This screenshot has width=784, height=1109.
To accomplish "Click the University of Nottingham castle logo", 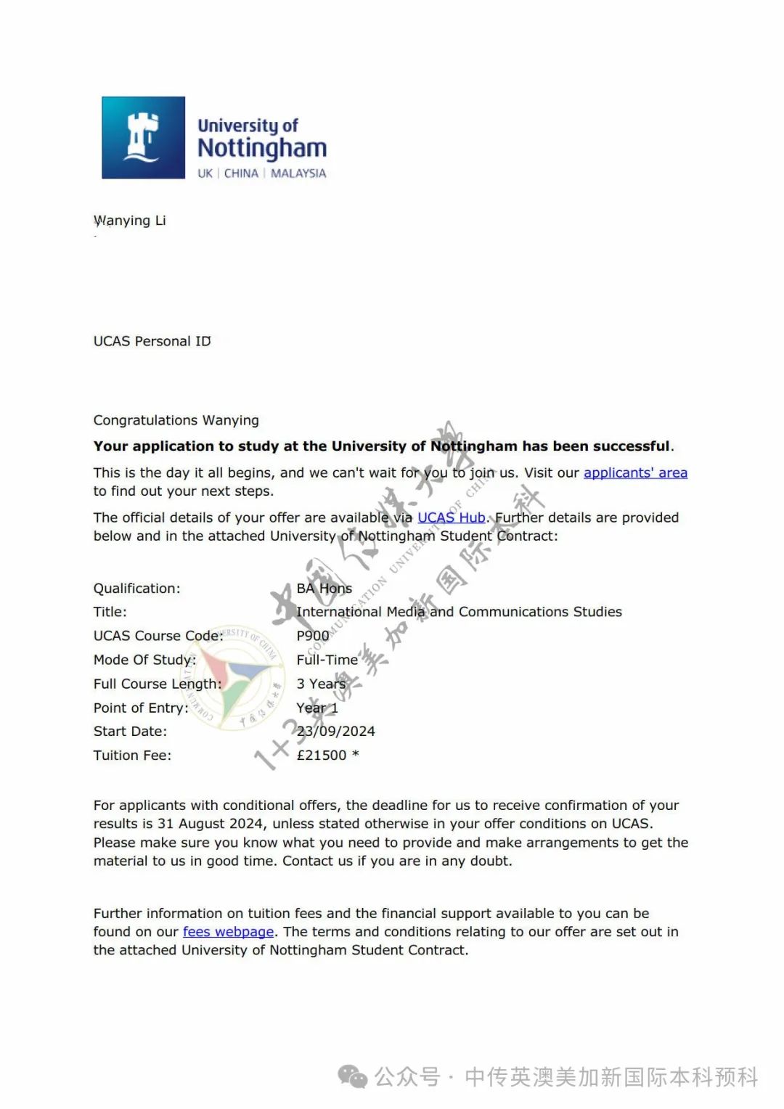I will (x=143, y=137).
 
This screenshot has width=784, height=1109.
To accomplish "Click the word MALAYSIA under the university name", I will (x=298, y=173).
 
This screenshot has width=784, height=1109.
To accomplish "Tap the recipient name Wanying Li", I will (x=130, y=221).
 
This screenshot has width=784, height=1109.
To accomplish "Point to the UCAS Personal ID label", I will (x=152, y=341).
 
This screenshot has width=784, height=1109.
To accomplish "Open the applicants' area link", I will (x=635, y=473).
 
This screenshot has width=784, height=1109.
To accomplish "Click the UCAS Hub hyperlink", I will (x=451, y=517).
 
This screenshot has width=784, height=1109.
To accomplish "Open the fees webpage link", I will (x=228, y=932).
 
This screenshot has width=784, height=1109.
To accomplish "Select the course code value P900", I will (x=312, y=636).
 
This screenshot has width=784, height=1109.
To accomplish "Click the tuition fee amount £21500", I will (x=322, y=756).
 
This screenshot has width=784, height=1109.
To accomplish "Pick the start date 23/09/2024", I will (x=335, y=732).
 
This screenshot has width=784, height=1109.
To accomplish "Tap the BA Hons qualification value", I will (x=324, y=589).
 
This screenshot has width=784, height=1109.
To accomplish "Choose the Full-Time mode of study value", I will (x=327, y=660).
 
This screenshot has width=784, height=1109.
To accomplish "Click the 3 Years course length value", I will (x=321, y=684).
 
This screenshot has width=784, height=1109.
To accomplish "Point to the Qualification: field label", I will (x=136, y=589).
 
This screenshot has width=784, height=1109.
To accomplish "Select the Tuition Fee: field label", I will (x=132, y=756).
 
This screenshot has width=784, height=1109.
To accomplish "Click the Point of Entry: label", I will (x=141, y=708).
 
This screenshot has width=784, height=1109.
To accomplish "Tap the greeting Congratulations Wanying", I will (x=176, y=420).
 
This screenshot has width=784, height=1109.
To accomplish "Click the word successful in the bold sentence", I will (x=631, y=446).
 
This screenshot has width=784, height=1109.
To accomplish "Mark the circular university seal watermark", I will (x=239, y=677).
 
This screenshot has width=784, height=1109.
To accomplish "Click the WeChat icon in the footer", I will (x=354, y=1077).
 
